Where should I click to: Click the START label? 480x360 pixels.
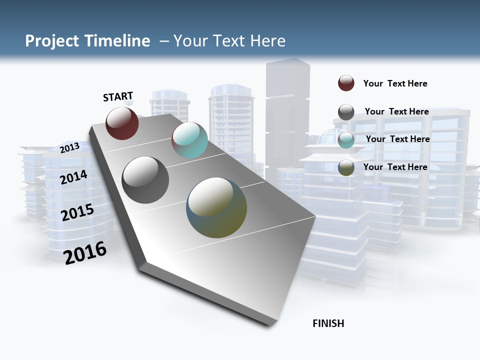(x=118, y=96)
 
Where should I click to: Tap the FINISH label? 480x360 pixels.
(x=328, y=323)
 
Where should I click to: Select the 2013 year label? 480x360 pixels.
(x=69, y=147)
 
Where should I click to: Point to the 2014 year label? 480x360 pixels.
(x=74, y=177)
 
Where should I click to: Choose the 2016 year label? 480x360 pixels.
(x=85, y=253)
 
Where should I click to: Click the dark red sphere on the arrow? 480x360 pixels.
(x=122, y=123)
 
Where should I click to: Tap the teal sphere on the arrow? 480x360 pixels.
(x=189, y=140)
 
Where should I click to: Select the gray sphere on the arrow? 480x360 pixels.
(x=145, y=179)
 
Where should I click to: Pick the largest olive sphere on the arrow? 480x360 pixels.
(x=216, y=207)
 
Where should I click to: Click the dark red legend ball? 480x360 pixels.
(x=346, y=83)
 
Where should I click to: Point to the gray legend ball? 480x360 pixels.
(x=346, y=112)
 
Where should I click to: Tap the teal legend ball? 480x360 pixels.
(x=346, y=139)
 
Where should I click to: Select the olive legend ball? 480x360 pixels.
(x=346, y=167)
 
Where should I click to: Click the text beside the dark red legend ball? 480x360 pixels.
(x=395, y=83)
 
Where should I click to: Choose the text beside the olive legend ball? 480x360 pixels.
(x=395, y=167)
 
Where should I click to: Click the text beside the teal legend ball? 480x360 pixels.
(x=397, y=139)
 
